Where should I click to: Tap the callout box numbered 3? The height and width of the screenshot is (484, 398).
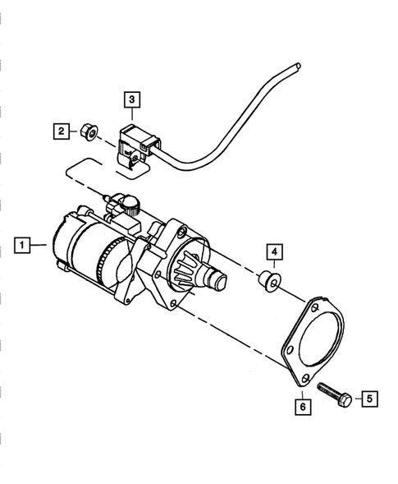pyautogui.click(x=134, y=100)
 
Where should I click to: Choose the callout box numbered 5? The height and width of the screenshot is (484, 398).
pyautogui.click(x=369, y=399)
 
